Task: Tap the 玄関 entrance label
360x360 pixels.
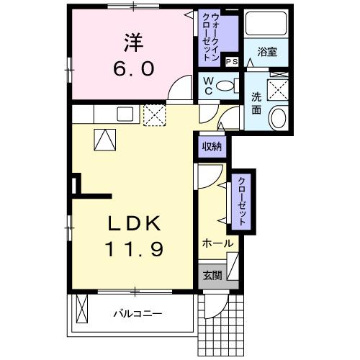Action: coord(211,274)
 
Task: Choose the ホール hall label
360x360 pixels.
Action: coord(217,243)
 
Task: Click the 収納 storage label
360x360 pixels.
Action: coord(211,146)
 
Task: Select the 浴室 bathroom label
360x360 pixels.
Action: coord(272,52)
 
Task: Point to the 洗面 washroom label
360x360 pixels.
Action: coord(257,104)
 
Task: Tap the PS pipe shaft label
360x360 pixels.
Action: coord(232,62)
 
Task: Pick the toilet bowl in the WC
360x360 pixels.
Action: coord(229,86)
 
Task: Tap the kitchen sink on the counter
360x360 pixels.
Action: coord(124,113)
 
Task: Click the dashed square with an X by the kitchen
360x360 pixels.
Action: coord(154,114)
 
